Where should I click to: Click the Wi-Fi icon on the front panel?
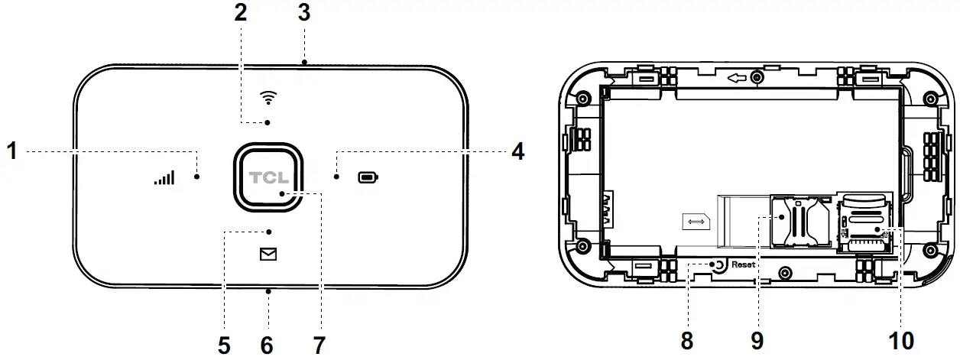click(x=268, y=97)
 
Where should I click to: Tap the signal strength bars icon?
click(x=164, y=179)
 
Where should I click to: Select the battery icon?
click(x=368, y=178)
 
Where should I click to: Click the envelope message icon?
click(x=268, y=255)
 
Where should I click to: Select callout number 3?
click(x=304, y=13)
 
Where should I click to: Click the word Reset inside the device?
click(x=742, y=264)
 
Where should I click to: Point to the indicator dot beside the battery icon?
click(x=336, y=177)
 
